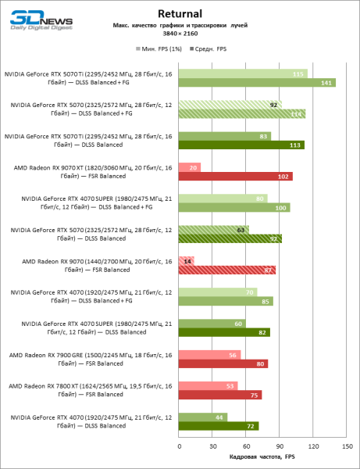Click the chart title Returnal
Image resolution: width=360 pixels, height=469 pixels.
pyautogui.click(x=180, y=13)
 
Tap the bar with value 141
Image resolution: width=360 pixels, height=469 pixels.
pyautogui.click(x=257, y=83)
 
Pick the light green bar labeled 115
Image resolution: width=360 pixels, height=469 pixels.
pyautogui.click(x=243, y=73)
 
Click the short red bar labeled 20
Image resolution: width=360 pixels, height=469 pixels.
pyautogui.click(x=190, y=167)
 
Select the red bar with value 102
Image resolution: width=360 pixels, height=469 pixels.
pyautogui.click(x=236, y=177)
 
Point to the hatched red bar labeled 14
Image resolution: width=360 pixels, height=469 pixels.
pyautogui.click(x=187, y=261)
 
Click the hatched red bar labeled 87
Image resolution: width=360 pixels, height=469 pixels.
pyautogui.click(x=227, y=270)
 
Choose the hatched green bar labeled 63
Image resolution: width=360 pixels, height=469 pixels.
pyautogui.click(x=214, y=230)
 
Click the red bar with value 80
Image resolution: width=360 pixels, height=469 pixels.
pyautogui.click(x=223, y=363)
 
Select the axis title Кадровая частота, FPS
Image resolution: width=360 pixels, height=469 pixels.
pyautogui.click(x=257, y=456)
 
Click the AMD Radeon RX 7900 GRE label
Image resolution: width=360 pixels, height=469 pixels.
pyautogui.click(x=89, y=359)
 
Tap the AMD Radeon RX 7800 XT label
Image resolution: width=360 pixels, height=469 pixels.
pyautogui.click(x=89, y=390)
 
